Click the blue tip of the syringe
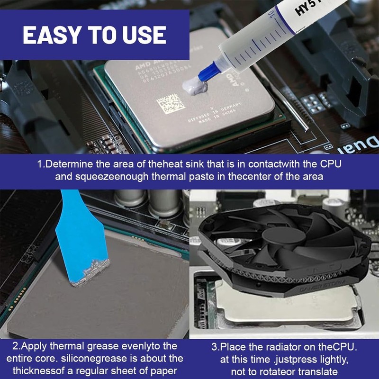tap(208, 73)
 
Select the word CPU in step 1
tap(331, 165)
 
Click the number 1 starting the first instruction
tap(39, 165)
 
